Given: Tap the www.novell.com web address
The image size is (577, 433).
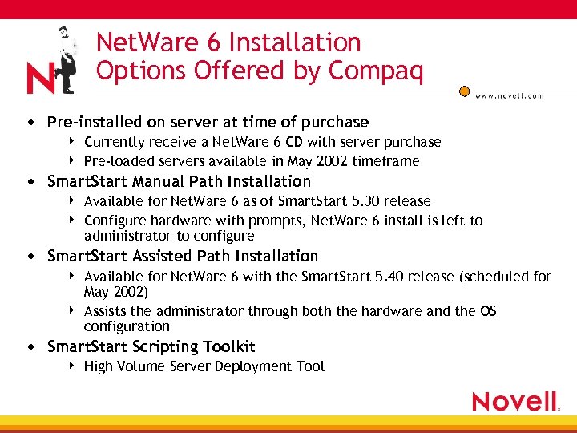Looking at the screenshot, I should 509,95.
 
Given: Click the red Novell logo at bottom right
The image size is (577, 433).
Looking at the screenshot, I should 514,401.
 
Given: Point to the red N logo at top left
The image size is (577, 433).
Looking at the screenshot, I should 40,79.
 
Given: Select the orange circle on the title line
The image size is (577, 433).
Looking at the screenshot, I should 463,91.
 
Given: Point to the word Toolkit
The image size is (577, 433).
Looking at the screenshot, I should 229,347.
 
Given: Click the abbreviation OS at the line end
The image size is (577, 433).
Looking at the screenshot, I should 488,311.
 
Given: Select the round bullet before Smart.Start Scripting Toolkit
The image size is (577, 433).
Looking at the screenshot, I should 30,347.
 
